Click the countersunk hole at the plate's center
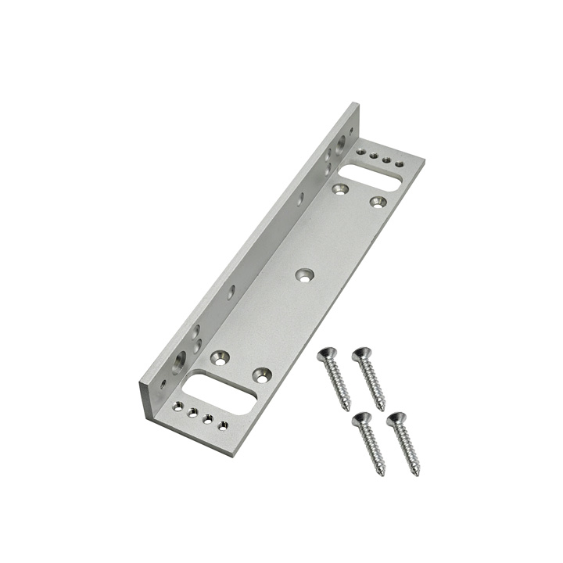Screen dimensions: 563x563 (304, 274)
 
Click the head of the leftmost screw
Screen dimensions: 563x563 (326, 355)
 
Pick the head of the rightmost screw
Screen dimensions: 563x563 (396, 418)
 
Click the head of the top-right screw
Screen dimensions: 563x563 (360, 354)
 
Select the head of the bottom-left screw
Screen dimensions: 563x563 (360, 420)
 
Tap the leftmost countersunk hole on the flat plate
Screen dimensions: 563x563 (220, 357)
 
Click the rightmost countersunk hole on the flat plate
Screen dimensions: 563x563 (378, 202)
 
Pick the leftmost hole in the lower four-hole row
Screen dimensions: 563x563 (178, 406)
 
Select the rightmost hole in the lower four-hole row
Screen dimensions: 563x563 (223, 425)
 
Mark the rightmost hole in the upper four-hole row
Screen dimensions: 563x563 (400, 163)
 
